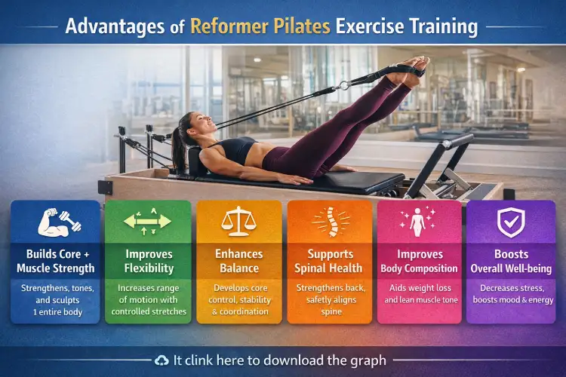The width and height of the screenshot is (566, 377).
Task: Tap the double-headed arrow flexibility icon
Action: [x=148, y=221]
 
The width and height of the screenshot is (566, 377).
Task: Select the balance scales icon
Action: [x=238, y=221]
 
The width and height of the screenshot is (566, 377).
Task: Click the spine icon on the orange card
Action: [x=329, y=221]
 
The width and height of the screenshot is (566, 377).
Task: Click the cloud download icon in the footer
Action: [x=161, y=360]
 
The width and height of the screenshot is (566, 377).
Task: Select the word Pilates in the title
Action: [x=302, y=27]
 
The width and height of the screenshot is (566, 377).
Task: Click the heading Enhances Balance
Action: [x=239, y=262]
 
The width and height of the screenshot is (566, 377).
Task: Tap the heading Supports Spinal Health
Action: [x=329, y=262]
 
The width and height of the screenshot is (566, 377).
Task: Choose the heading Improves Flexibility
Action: [x=148, y=262]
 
